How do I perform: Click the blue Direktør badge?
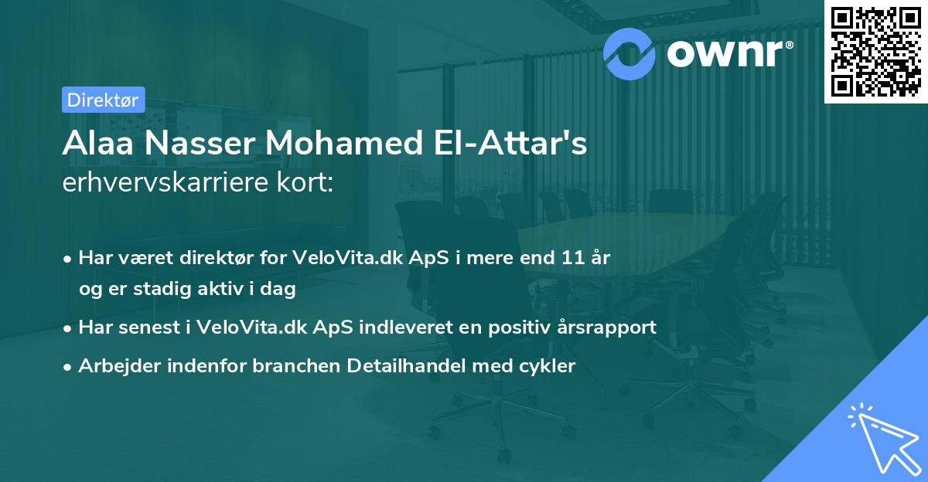point(104,100)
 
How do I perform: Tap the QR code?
point(875,51)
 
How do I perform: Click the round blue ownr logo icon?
point(629,54)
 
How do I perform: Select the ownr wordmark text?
point(730,53)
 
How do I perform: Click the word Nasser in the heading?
point(200,143)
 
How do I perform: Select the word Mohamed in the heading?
point(344,143)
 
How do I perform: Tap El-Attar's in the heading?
point(510,143)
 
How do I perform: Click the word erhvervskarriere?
point(165,182)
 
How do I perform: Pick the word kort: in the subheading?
point(305,182)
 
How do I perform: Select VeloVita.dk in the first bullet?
point(348,257)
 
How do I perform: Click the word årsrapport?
point(606,328)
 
